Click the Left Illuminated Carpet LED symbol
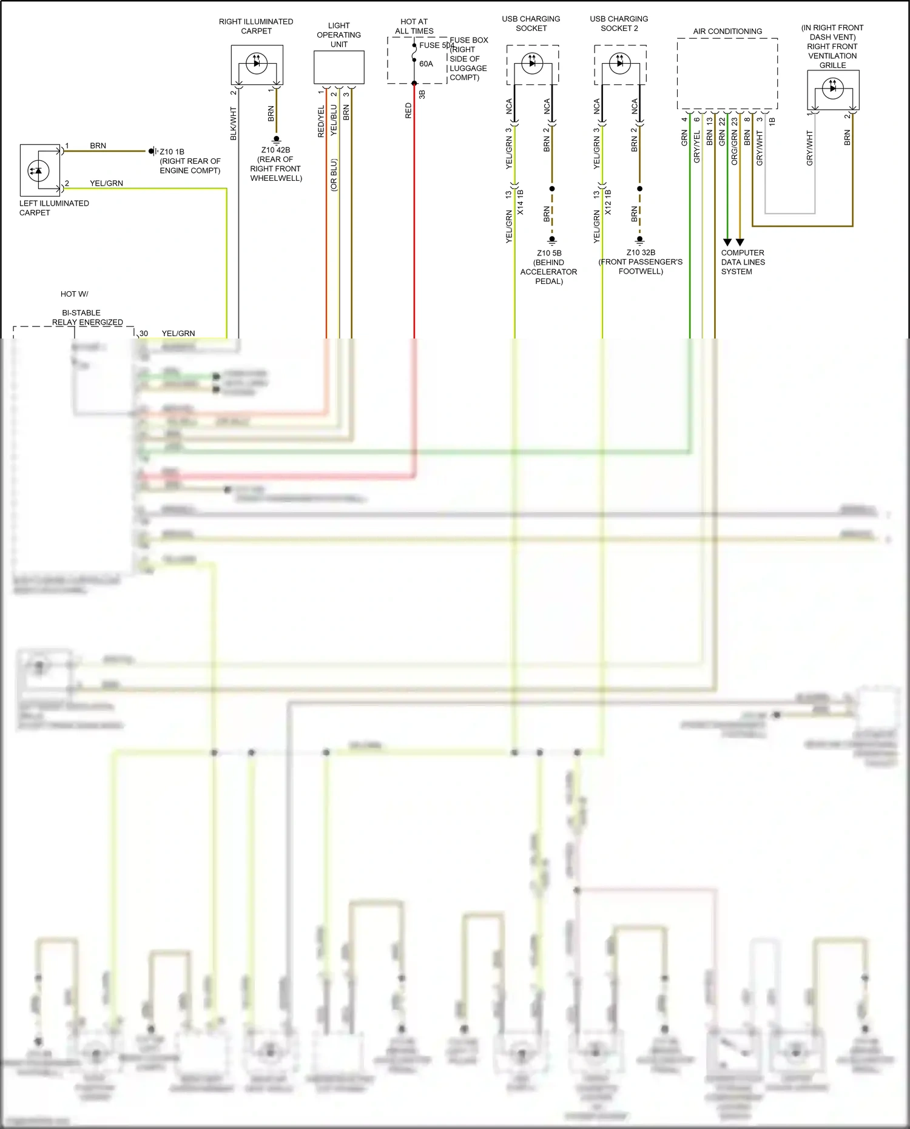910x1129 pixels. [39, 170]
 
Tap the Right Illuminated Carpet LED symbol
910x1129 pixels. [257, 63]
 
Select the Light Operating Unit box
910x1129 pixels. [339, 67]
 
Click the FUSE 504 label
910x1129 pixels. [436, 45]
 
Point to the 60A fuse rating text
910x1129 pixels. [426, 64]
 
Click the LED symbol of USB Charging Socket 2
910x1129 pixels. [620, 63]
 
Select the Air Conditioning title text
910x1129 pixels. [727, 32]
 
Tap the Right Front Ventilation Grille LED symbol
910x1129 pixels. [833, 89]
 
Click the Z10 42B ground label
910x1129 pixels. [275, 150]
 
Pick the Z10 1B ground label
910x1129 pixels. [172, 152]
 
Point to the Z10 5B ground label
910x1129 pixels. [549, 253]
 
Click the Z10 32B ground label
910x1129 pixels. [641, 252]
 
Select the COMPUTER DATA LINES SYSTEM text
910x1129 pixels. [743, 262]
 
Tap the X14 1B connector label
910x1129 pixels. [521, 202]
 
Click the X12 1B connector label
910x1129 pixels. [608, 202]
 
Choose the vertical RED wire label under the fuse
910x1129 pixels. [408, 110]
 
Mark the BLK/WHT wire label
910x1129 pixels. [234, 124]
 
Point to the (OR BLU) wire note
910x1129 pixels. [334, 175]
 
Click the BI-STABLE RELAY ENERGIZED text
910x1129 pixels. [87, 317]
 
